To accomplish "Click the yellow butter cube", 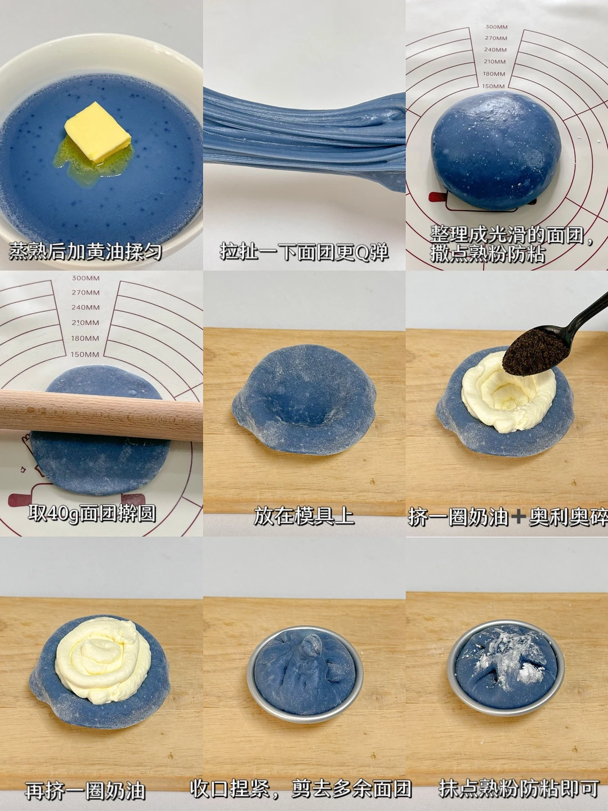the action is (x=98, y=132).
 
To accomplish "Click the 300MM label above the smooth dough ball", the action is (x=496, y=26).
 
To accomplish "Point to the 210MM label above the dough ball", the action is (x=495, y=61).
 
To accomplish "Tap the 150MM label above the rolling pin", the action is (x=85, y=354).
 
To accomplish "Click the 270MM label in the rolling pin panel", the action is (x=85, y=292).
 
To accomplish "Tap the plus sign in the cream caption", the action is (x=518, y=516).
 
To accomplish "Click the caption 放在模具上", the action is (x=304, y=516).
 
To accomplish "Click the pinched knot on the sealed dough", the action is (x=311, y=647).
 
